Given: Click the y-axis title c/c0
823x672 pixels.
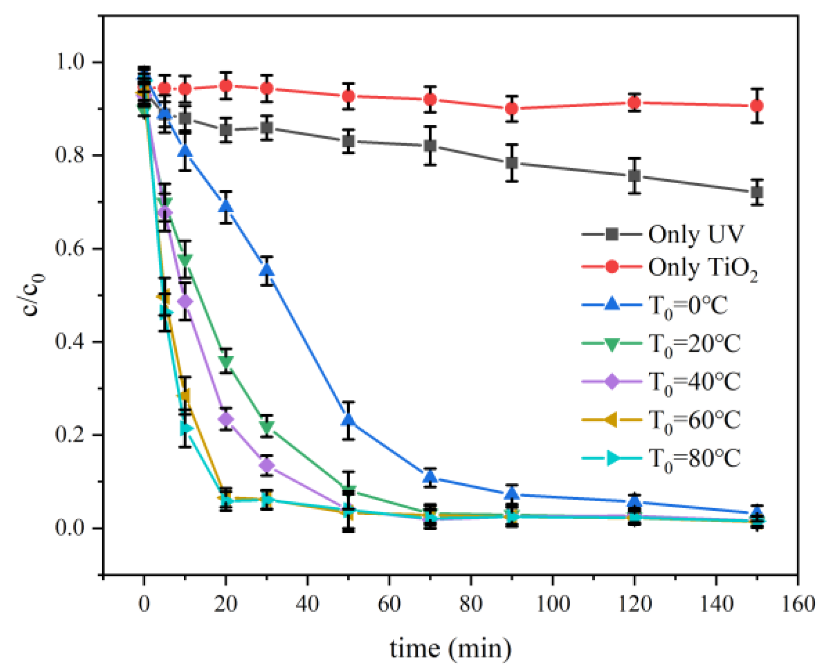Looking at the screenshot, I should [x=33, y=295].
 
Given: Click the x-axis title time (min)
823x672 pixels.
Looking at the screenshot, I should [x=450, y=649].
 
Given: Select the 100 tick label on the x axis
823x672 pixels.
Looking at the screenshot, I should [x=553, y=603].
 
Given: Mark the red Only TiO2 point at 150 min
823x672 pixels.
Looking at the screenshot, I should [x=757, y=106].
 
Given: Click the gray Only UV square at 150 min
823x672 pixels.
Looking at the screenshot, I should [x=757, y=192].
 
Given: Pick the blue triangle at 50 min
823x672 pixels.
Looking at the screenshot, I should [x=349, y=419].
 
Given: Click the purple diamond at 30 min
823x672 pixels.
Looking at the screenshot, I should [x=267, y=466].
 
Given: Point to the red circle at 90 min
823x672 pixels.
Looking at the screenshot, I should [x=512, y=109].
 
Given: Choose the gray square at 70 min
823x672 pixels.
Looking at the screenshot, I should [x=430, y=146].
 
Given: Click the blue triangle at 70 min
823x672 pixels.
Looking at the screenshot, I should [x=430, y=477].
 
